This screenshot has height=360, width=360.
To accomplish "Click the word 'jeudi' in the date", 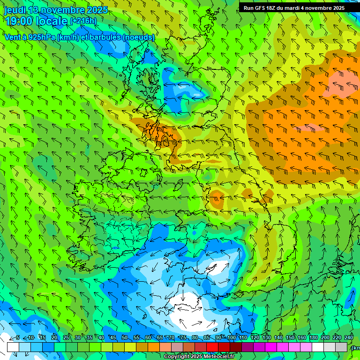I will pyautogui.click(x=15, y=10).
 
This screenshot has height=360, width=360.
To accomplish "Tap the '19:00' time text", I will pyautogui.click(x=19, y=21).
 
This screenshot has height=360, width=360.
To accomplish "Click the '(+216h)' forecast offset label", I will pyautogui.click(x=83, y=21).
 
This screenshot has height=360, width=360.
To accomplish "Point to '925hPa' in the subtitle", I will pyautogui.click(x=40, y=37).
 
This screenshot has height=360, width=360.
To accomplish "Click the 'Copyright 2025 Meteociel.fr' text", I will pyautogui.click(x=199, y=357).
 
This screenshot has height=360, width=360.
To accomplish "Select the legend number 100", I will pyautogui.click(x=231, y=337).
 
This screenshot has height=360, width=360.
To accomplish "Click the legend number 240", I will pyautogui.click(x=349, y=337).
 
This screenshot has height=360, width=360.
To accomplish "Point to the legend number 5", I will pyautogui.click(x=18, y=337).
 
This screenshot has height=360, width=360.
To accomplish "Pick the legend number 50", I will pyautogui.click(x=125, y=337).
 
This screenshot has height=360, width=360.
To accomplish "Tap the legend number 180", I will pyautogui.click(x=313, y=337).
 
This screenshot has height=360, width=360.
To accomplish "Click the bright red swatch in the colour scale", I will pyautogui.click(x=212, y=347).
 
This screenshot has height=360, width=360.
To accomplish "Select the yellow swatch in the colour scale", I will pyautogui.click(x=130, y=347).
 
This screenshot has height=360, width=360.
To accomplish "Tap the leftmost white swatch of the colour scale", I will pyautogui.click(x=13, y=347).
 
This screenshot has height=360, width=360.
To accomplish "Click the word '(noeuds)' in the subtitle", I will pyautogui.click(x=139, y=37).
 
